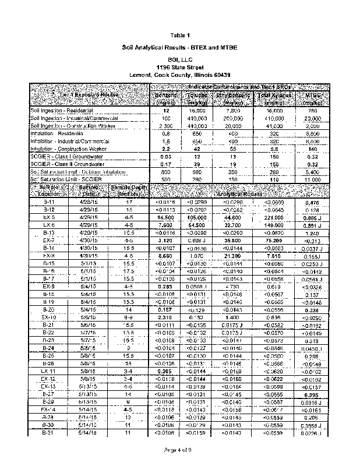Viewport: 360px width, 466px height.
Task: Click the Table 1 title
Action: coord(181,36)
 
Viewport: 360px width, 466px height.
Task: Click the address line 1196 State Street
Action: coord(181,68)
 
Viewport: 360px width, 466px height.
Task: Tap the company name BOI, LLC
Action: coord(181,60)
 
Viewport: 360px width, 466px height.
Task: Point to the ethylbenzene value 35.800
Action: coord(233,239)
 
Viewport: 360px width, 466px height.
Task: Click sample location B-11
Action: coord(49,201)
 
